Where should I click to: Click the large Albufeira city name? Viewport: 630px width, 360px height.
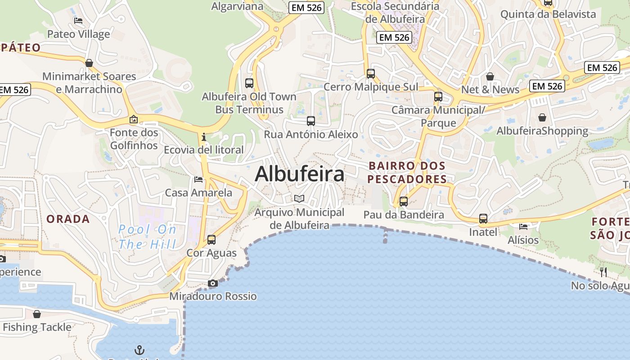click(300, 174)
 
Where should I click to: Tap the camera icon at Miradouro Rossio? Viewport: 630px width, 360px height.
click(213, 283)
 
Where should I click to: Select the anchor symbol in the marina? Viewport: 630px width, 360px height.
click(139, 350)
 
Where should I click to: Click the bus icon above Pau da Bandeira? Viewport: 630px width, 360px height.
click(404, 201)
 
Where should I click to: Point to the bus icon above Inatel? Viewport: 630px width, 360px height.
click(483, 219)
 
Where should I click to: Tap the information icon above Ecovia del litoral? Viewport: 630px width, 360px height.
click(204, 136)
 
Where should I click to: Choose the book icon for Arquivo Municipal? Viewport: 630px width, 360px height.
click(299, 198)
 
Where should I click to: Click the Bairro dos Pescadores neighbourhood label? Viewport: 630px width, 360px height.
click(407, 172)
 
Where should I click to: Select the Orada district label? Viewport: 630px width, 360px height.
click(68, 219)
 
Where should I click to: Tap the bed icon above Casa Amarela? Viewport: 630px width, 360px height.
click(198, 180)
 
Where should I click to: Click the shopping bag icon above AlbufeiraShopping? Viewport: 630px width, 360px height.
click(542, 117)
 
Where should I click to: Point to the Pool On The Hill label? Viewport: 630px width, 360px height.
click(147, 237)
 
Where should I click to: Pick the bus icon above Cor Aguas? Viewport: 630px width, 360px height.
click(211, 239)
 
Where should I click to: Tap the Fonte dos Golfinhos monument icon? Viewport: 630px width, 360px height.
click(134, 119)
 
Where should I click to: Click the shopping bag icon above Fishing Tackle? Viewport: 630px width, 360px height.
click(37, 314)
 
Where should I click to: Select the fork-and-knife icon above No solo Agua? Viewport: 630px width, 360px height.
click(603, 272)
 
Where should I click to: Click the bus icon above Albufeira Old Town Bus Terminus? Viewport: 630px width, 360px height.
click(249, 83)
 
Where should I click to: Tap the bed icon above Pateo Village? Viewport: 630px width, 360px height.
click(78, 21)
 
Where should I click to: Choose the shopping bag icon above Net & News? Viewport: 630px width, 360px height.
click(490, 76)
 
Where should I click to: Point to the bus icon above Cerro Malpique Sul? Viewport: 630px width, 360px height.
click(371, 73)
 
